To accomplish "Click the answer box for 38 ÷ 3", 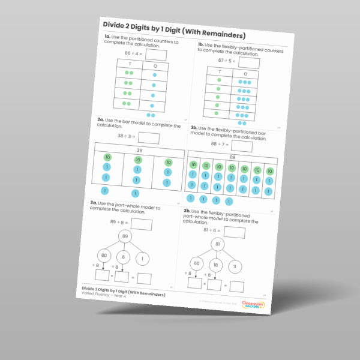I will point(148,137).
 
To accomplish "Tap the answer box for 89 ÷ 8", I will point(142,224).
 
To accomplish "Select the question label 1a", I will point(108,37).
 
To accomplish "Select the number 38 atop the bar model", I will point(139,150).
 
